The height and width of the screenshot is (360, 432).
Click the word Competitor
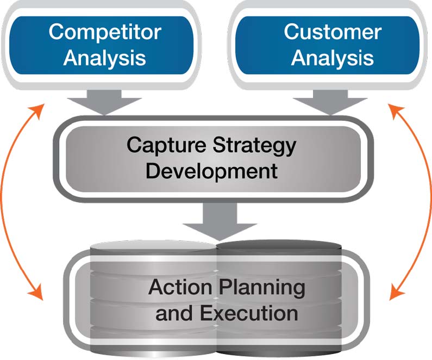104,32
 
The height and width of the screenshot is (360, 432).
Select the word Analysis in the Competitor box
104,58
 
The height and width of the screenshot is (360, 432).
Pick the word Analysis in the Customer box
332,58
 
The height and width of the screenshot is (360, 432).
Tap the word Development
212,171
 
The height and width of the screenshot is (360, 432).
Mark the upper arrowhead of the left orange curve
38,108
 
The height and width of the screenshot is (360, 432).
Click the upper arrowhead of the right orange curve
394,108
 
